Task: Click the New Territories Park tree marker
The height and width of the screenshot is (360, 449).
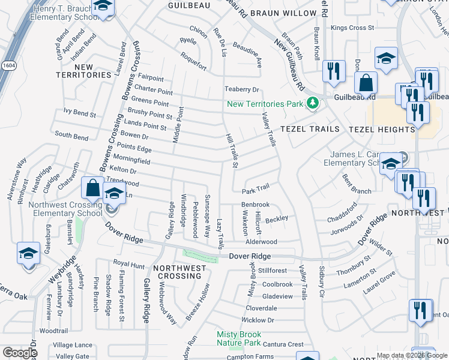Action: click(312, 103)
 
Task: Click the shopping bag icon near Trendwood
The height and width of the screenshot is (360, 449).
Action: click(92, 187)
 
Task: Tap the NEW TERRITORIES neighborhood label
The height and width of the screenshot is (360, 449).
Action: click(84, 70)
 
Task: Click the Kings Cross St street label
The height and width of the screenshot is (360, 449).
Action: click(352, 28)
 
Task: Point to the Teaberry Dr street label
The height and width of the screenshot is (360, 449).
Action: click(241, 89)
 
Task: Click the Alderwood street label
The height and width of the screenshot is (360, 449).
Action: click(262, 242)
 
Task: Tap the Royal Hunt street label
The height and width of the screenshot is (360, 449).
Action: click(129, 263)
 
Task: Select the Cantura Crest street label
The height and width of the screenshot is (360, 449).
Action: click(283, 344)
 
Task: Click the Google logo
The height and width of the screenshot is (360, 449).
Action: click(20, 353)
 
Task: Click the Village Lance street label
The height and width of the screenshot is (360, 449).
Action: click(73, 345)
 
